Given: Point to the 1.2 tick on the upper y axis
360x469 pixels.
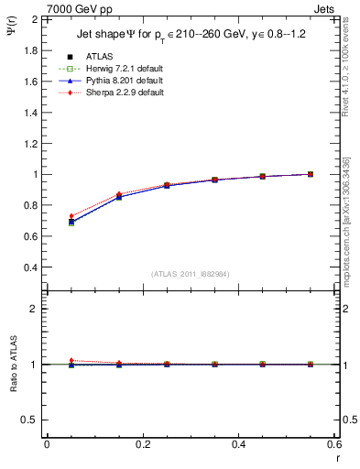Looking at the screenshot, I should tap(30, 143).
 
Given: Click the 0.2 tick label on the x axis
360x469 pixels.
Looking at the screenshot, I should tap(143, 444).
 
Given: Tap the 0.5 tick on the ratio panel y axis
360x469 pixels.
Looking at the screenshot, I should tap(30, 420).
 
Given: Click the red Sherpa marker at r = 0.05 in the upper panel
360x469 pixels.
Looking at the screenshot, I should tap(71, 216).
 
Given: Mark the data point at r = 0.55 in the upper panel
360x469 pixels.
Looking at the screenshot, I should tap(311, 174).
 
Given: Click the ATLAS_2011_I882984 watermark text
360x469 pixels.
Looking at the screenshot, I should tap(191, 274).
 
